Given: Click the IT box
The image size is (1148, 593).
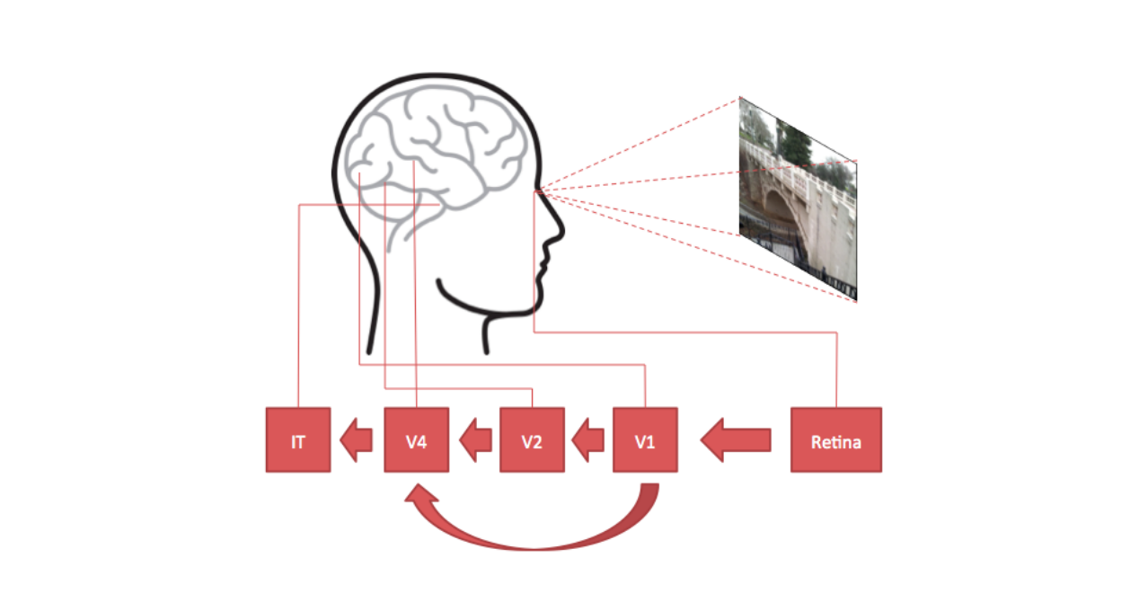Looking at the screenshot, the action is pyautogui.click(x=298, y=439).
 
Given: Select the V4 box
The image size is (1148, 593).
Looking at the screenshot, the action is pyautogui.click(x=417, y=439).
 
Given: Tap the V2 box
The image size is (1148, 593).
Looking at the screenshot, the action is pyautogui.click(x=532, y=439).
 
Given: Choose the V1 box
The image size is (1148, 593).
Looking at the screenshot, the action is pyautogui.click(x=645, y=439).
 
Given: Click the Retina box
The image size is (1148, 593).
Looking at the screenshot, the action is pyautogui.click(x=836, y=439).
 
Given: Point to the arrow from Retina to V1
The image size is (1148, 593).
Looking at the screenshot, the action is pyautogui.click(x=736, y=439).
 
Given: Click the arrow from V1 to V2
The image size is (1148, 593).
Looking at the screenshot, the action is pyautogui.click(x=587, y=439).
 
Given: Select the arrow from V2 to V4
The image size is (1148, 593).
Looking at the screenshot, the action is pyautogui.click(x=475, y=439).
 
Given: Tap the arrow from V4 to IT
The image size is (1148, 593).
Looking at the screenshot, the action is pyautogui.click(x=357, y=439).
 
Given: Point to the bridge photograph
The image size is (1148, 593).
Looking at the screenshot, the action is pyautogui.click(x=798, y=199).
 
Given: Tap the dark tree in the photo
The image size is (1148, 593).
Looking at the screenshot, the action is pyautogui.click(x=793, y=141).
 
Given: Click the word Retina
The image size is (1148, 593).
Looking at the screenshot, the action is pyautogui.click(x=836, y=442).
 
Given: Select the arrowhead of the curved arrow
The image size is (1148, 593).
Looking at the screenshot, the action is pyautogui.click(x=420, y=493).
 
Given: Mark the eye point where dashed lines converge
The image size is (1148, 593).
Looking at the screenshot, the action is pyautogui.click(x=536, y=191).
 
